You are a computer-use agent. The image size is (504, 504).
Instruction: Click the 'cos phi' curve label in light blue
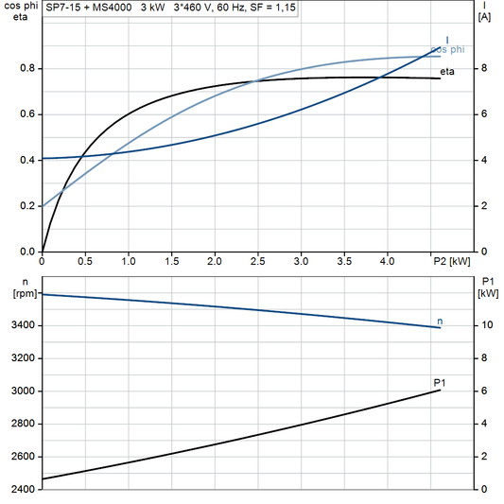click(447, 49)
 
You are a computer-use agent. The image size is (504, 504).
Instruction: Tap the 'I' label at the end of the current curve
click(447, 40)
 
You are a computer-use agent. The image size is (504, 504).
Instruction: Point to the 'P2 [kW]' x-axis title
click(449, 260)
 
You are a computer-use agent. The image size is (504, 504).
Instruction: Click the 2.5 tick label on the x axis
click(258, 260)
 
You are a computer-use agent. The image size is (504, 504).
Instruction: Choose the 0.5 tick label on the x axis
click(86, 260)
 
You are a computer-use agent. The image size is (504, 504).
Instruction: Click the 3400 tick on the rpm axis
click(23, 326)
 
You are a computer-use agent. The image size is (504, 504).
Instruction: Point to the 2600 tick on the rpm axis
click(23, 457)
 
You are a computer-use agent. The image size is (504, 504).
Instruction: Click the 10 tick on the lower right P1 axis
click(483, 326)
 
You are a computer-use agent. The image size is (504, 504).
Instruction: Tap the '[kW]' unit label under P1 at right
click(488, 293)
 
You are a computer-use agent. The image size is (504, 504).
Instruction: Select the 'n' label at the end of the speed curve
click(440, 322)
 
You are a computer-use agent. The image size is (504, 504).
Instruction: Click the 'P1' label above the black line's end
click(439, 383)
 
